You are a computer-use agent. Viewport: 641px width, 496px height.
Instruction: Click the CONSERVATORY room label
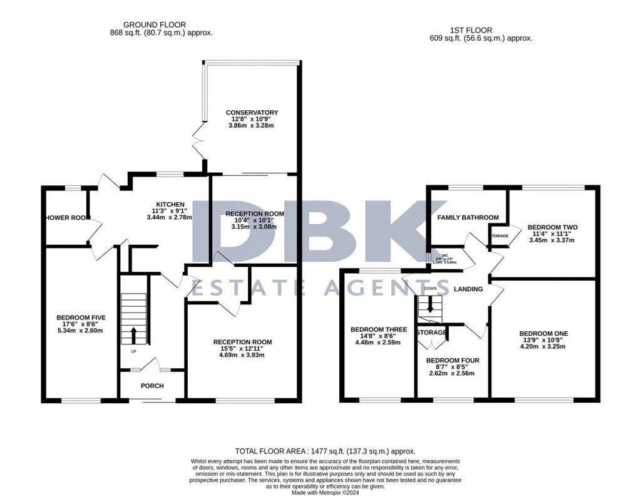[252, 113]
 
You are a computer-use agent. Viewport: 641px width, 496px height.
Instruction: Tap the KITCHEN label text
[170, 204]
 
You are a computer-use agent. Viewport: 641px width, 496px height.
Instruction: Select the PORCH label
[152, 386]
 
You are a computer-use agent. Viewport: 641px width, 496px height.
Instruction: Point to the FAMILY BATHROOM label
[468, 218]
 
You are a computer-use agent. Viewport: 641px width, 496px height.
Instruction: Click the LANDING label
[468, 289]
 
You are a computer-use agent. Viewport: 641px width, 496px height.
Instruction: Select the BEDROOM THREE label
[379, 329]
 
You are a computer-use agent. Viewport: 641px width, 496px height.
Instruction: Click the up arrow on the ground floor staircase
[133, 333]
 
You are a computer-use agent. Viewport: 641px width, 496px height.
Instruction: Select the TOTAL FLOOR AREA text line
[325, 451]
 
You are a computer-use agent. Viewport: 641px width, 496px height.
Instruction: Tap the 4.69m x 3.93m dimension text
[242, 355]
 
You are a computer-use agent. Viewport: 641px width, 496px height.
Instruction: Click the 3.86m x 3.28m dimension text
[252, 126]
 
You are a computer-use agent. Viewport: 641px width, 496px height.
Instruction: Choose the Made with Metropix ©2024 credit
[326, 492]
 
